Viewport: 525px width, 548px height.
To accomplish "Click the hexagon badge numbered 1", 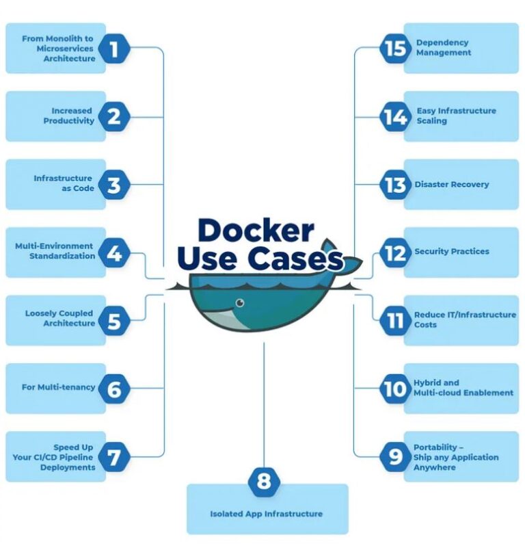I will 113,49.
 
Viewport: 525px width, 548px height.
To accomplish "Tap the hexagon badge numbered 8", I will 264,481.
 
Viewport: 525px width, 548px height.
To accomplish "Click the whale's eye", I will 240,302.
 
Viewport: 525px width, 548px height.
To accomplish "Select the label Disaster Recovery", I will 451,185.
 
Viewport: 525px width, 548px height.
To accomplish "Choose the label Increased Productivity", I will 69,116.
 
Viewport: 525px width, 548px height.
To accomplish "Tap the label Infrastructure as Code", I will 64,183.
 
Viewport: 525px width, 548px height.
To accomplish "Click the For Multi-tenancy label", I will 58,387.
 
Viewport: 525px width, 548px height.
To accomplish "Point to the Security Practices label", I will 451,252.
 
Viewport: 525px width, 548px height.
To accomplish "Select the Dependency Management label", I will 443,47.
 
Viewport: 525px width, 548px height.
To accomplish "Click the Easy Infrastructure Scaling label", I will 455,116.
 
